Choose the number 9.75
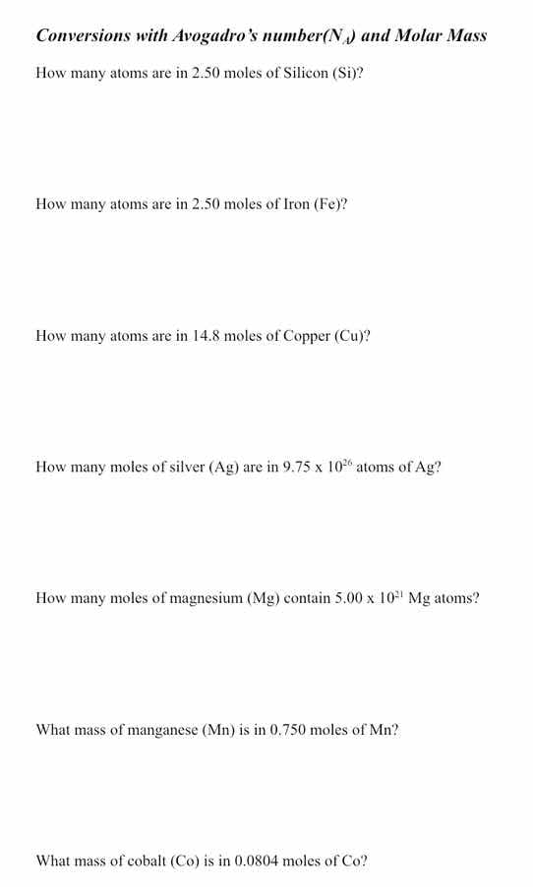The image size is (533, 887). click(298, 468)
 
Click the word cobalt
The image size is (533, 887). click(148, 861)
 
